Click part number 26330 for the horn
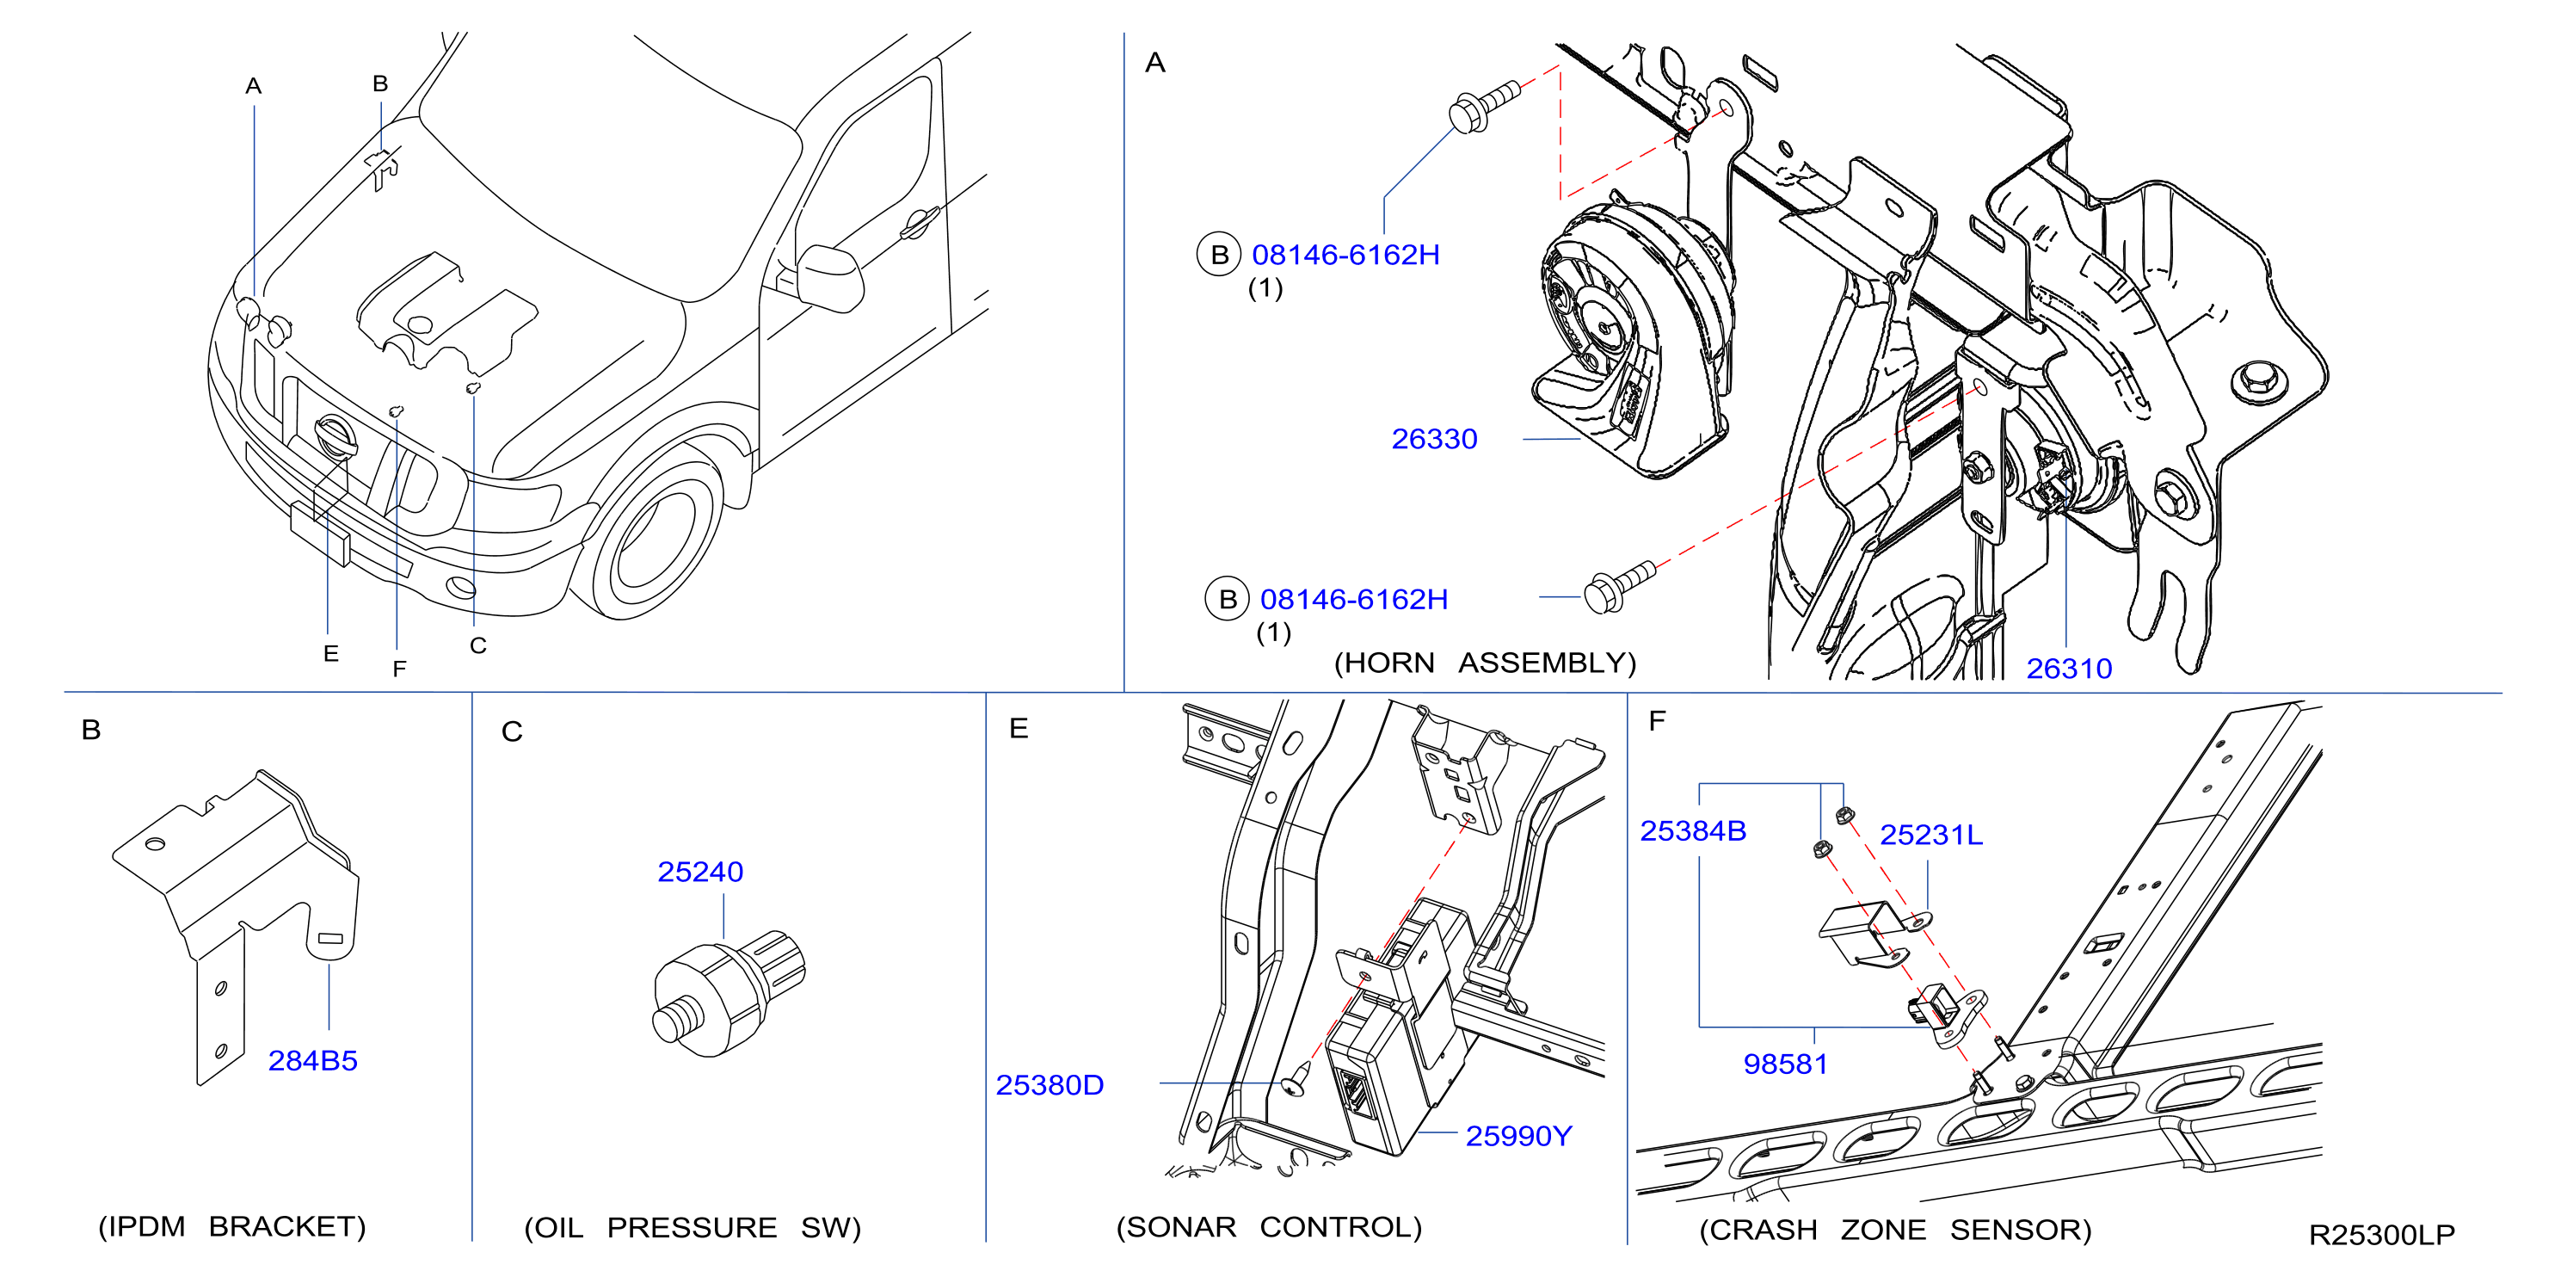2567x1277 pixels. (1434, 439)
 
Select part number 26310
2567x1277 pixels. (2069, 668)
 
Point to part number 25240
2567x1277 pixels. (699, 872)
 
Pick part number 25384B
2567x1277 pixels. (1693, 830)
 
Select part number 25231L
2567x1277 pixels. (1931, 835)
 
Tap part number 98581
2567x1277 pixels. (1785, 1064)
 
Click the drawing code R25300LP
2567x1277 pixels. (2382, 1234)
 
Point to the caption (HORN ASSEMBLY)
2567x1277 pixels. (1485, 663)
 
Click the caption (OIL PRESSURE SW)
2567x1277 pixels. (693, 1227)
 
